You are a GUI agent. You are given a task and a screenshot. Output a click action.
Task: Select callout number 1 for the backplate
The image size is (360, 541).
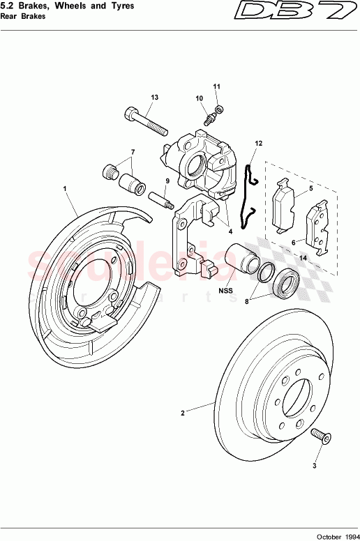click(65, 188)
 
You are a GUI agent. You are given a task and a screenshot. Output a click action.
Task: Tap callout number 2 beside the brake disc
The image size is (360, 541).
click(183, 413)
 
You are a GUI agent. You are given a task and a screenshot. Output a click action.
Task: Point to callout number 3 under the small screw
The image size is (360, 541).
click(314, 464)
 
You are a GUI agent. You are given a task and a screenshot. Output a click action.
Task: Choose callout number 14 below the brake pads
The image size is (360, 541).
click(303, 258)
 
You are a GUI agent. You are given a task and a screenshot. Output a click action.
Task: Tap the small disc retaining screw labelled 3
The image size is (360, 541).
click(320, 436)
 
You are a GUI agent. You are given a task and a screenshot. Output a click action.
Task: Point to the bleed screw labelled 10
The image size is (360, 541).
click(209, 119)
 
